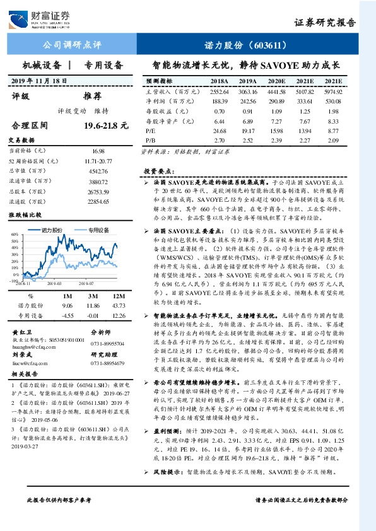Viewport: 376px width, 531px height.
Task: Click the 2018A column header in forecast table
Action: (219, 82)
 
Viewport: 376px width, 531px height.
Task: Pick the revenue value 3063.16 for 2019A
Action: (248, 91)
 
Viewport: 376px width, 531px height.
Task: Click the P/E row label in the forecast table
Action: (151, 129)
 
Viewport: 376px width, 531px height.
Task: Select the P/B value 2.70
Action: (219, 139)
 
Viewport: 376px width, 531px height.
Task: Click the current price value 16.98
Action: (98, 151)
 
